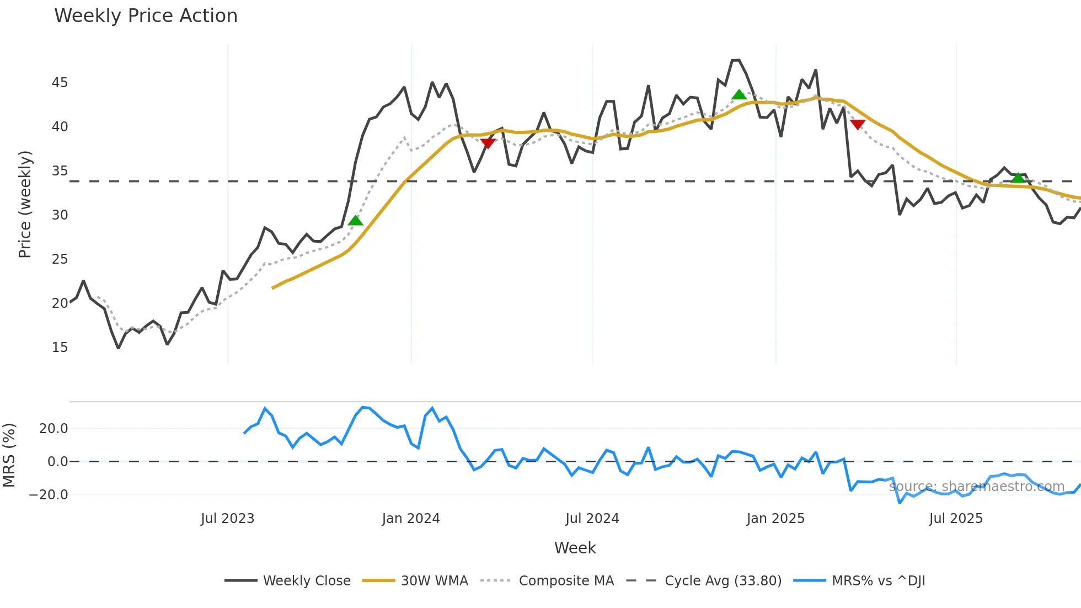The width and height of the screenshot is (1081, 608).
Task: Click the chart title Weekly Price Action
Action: click(146, 16)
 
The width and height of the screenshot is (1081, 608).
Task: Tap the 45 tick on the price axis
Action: click(60, 83)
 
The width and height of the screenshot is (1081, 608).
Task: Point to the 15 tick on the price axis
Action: click(60, 348)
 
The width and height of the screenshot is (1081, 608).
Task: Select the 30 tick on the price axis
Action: click(60, 215)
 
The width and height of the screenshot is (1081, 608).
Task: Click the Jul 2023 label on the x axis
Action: click(227, 519)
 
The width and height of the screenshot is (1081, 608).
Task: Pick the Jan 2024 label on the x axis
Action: click(411, 519)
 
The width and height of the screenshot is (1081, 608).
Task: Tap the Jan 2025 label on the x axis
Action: click(775, 519)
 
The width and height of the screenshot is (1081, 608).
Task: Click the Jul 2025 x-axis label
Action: click(956, 519)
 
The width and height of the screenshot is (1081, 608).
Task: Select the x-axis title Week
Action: click(575, 548)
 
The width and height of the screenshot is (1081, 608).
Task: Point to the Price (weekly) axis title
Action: click(25, 204)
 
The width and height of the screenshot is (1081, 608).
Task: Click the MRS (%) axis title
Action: click(9, 455)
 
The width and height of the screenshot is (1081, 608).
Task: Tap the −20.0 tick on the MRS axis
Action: click(49, 495)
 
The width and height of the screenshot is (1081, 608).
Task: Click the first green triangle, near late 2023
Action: click(356, 221)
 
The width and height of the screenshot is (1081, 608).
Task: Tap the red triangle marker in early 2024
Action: click(488, 143)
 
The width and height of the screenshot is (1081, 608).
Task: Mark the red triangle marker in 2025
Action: click(858, 124)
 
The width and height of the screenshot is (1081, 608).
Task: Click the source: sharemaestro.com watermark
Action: click(976, 487)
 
